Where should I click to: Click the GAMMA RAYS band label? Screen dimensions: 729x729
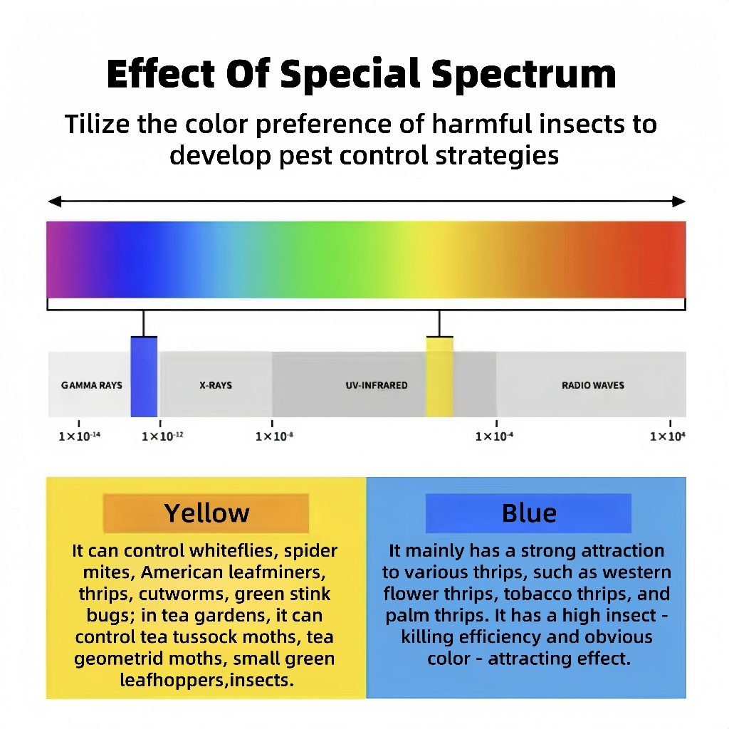click(92, 385)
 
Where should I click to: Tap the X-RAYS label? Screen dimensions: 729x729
click(216, 385)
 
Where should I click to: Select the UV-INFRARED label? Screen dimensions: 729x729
click(377, 385)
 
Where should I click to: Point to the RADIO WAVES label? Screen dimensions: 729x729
click(593, 385)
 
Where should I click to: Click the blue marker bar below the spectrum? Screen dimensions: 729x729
click(144, 377)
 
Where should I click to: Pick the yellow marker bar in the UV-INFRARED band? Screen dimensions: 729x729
click(439, 377)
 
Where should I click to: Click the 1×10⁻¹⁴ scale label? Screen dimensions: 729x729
click(80, 436)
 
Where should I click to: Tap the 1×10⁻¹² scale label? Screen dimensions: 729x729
click(162, 436)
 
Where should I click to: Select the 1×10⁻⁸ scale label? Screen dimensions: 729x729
click(274, 436)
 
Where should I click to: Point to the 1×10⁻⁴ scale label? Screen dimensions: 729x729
click(494, 436)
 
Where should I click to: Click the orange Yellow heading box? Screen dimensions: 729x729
click(206, 513)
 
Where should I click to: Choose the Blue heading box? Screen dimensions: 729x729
click(529, 513)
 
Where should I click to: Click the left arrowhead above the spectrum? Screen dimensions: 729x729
click(54, 201)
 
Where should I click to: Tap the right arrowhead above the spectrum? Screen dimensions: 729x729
click(679, 201)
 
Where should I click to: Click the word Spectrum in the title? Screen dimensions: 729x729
click(523, 74)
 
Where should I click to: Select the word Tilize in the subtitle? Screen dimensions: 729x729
click(97, 124)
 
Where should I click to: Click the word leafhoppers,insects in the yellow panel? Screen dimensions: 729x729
click(207, 680)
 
